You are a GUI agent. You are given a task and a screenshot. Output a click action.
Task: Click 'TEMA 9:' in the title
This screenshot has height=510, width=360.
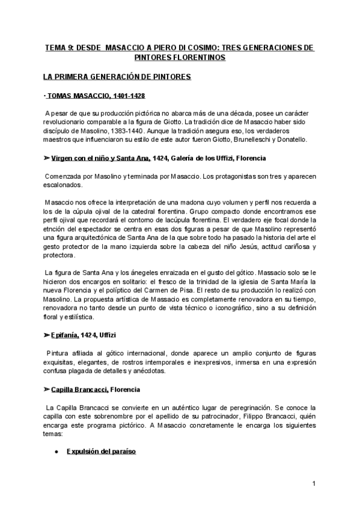tap(59, 47)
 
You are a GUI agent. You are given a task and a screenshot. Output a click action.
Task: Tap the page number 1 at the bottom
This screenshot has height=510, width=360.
tap(314, 484)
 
